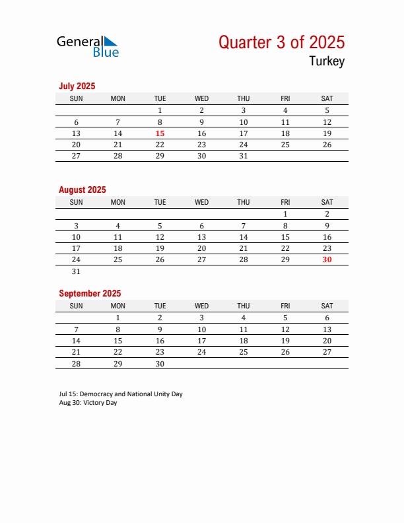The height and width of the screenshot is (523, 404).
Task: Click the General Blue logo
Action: [x=88, y=46]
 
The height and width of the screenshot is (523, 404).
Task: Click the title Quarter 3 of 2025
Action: [x=281, y=42]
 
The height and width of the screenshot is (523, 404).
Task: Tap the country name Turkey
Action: [x=326, y=61]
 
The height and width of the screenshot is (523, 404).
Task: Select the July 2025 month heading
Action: [x=77, y=86]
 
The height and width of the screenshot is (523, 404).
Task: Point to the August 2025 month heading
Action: [x=83, y=190]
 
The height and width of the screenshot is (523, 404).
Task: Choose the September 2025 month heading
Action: [x=90, y=293]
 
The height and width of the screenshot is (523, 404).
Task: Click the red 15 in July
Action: [x=160, y=133]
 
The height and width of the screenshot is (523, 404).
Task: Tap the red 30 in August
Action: [x=327, y=260]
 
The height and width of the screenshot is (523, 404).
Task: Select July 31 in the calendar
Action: [x=244, y=156]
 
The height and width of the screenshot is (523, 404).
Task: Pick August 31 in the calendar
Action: [x=76, y=271]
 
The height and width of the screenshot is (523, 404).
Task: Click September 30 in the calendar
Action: [x=160, y=364]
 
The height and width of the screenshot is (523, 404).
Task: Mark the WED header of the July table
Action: [x=202, y=98]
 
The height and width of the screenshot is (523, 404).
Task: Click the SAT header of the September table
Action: [x=327, y=306]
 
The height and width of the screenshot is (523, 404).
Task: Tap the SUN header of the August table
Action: [x=76, y=202]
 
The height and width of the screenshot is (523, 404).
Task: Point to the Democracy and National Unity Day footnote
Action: [x=121, y=394]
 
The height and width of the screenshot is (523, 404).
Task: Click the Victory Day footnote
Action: [x=88, y=403]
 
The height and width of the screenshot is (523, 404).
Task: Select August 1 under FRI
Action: [x=285, y=214]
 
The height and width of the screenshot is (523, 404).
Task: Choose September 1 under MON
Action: [x=118, y=318]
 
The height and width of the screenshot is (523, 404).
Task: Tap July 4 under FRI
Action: [x=285, y=110]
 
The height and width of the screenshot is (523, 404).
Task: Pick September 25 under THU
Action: [x=244, y=352]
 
